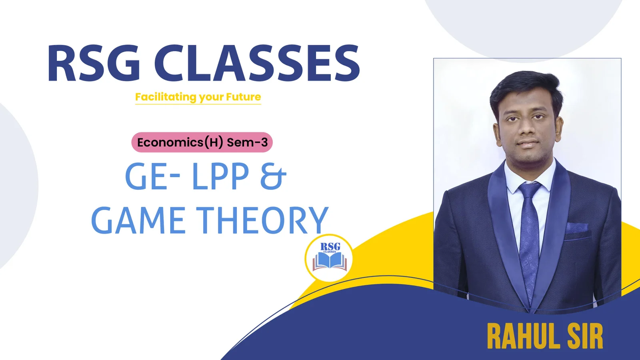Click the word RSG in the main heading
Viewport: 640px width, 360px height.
pyautogui.click(x=94, y=63)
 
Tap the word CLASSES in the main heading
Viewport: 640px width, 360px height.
pyautogui.click(x=257, y=63)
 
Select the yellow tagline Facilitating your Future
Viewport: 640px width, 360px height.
pyautogui.click(x=198, y=97)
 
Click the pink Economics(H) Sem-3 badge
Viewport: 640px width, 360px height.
pyautogui.click(x=202, y=142)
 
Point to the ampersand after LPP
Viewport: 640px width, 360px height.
pyautogui.click(x=274, y=176)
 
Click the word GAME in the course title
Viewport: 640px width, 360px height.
pyautogui.click(x=138, y=220)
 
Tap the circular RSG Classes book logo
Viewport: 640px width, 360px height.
pyautogui.click(x=329, y=258)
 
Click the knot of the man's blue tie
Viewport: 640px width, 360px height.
pyautogui.click(x=529, y=190)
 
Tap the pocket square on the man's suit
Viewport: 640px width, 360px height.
pyautogui.click(x=577, y=228)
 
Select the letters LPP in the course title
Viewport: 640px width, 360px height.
pyautogui.click(x=220, y=176)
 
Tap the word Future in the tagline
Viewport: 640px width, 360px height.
pyautogui.click(x=244, y=96)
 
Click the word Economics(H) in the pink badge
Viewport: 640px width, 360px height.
pyautogui.click(x=180, y=142)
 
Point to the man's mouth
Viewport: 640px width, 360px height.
pyautogui.click(x=527, y=144)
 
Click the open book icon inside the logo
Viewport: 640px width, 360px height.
pyautogui.click(x=330, y=261)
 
